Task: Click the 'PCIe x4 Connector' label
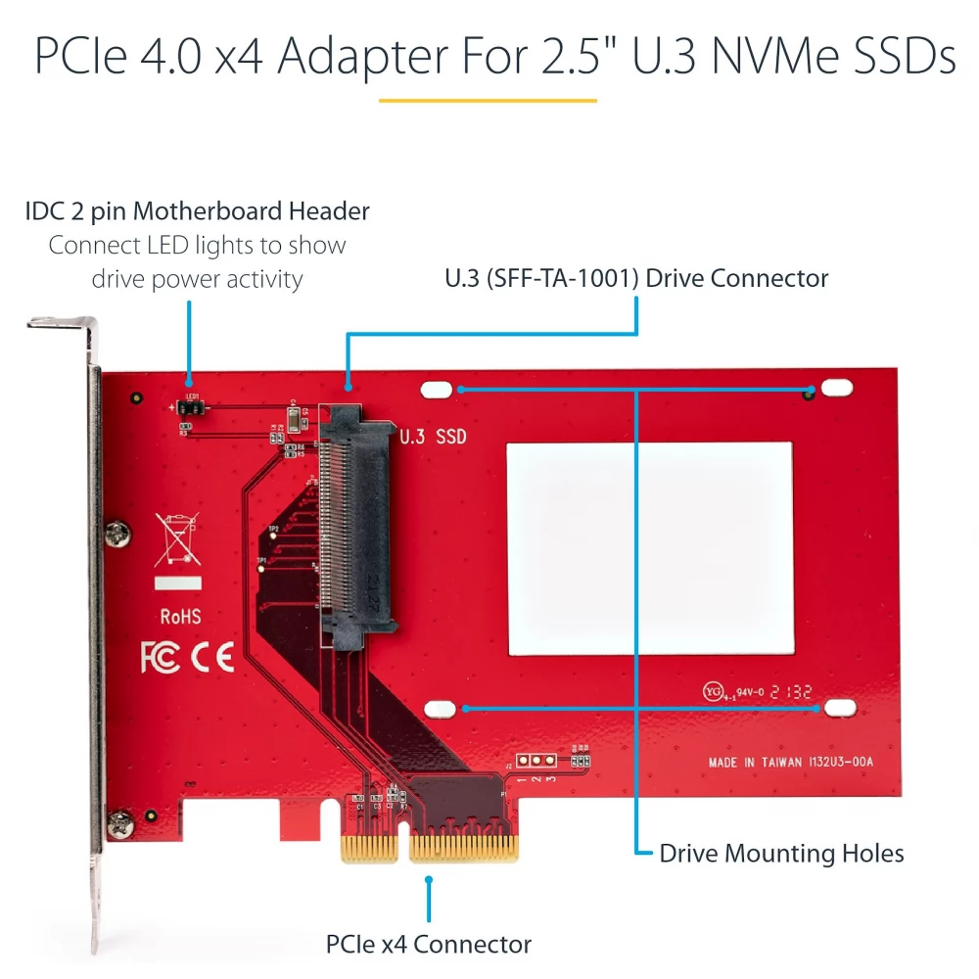[429, 944]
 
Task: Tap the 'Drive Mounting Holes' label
[781, 853]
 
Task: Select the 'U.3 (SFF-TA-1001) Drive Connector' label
[636, 278]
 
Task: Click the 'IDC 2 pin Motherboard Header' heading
[198, 210]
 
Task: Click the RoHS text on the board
[180, 617]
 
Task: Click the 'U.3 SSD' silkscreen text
[434, 437]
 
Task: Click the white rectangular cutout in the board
[650, 547]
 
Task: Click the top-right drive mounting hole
[835, 389]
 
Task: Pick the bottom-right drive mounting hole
[835, 707]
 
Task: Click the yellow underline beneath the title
[488, 99]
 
